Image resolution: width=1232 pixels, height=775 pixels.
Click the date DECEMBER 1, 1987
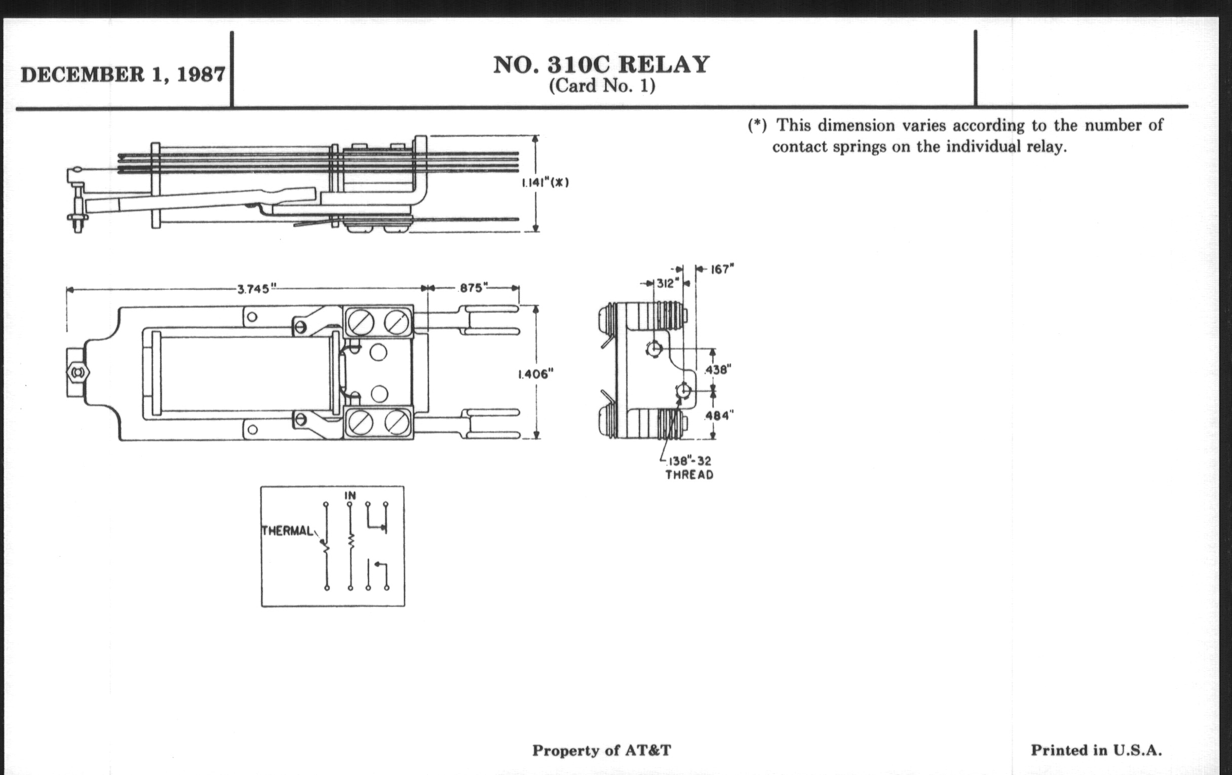click(x=123, y=74)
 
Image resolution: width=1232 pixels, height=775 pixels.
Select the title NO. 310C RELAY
click(x=601, y=65)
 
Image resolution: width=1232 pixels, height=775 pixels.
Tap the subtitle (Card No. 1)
click(x=602, y=86)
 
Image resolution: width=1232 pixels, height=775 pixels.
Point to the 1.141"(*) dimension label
click(x=546, y=183)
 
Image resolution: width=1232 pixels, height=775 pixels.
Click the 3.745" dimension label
click(x=253, y=289)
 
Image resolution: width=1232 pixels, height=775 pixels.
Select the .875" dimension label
click(x=473, y=288)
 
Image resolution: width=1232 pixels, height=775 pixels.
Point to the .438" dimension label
click(x=718, y=369)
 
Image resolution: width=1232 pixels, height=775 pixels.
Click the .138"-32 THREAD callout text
click(x=689, y=468)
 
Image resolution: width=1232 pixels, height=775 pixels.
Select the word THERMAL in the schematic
click(x=288, y=531)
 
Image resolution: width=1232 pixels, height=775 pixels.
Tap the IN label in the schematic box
click(x=350, y=495)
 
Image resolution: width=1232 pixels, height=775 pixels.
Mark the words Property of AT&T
click(x=601, y=751)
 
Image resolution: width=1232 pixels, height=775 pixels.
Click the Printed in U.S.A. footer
click(x=1096, y=751)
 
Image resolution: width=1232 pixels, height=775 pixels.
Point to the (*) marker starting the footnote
click(x=757, y=125)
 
